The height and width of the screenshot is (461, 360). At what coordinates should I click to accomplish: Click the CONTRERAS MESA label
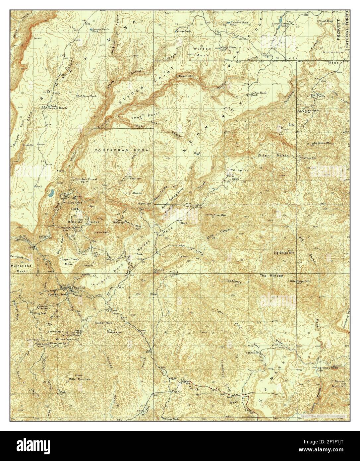tap(121, 150)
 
